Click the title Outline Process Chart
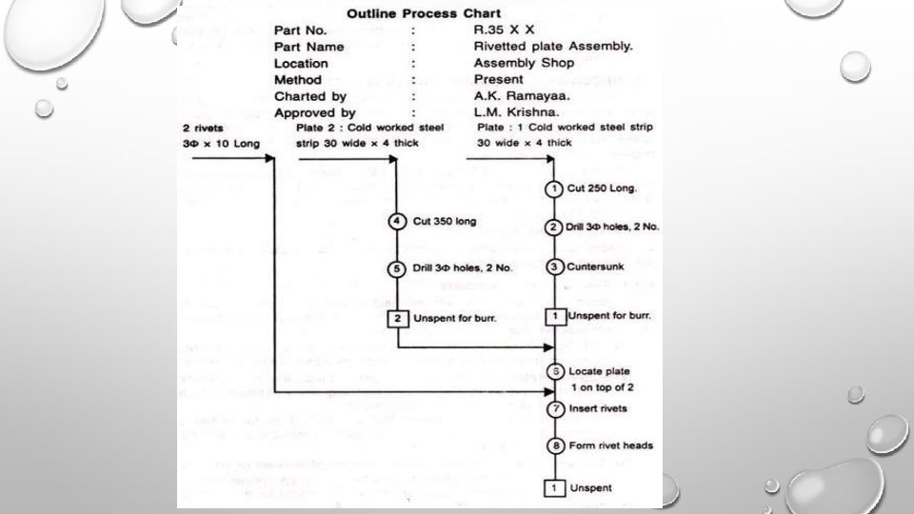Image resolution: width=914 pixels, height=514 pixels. pos(426,13)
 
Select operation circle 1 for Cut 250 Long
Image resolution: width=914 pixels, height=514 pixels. pos(554,189)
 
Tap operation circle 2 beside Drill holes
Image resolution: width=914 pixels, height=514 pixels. pos(554,227)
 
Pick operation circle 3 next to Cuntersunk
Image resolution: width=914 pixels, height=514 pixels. pos(554,267)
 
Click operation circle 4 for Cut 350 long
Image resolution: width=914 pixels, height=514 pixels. pos(398,222)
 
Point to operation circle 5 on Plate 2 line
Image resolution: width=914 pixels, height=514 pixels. pos(398,267)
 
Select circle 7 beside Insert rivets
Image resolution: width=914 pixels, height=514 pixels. pos(554,408)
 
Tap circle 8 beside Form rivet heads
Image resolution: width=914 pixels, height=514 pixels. pos(554,445)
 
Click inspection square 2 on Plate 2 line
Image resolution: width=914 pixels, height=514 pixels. pos(398,317)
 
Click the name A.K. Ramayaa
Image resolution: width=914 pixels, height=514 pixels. pos(521,96)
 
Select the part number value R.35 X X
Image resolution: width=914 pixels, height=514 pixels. pos(505,30)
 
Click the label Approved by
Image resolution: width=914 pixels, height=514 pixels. pos(315,113)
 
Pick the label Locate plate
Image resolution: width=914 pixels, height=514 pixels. pos(600,370)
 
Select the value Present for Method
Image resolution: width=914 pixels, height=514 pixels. pos(497,80)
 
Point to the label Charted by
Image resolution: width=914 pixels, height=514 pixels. pos(311,96)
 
